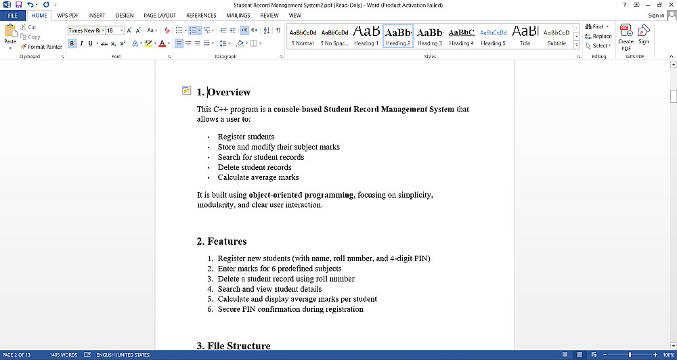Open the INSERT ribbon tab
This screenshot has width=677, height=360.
coord(96,15)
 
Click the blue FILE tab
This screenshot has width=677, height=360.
coord(12,15)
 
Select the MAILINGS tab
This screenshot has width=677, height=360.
coord(238,15)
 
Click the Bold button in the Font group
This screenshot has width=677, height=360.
coord(72,43)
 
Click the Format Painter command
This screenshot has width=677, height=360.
coord(42,47)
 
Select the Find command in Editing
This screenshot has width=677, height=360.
coord(596,27)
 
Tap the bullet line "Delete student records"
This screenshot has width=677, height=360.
coord(255,167)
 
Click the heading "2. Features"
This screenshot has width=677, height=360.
coord(221,242)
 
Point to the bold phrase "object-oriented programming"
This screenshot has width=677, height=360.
coord(301,195)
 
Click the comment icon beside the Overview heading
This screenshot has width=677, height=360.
coord(186,91)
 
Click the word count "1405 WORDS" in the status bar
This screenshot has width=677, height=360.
coord(64,355)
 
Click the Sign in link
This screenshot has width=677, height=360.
coord(655,15)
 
